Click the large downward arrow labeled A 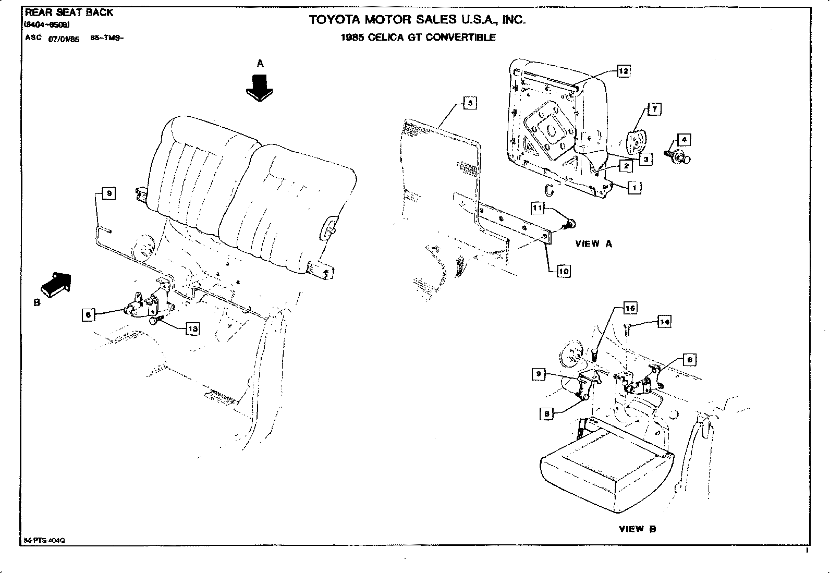(x=260, y=87)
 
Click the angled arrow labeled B (x=55, y=284)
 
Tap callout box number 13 (x=192, y=329)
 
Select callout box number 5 (x=469, y=103)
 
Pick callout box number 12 (x=623, y=71)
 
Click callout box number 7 (x=654, y=109)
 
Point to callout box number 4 (x=683, y=140)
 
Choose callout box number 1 (x=634, y=187)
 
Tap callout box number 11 (x=538, y=208)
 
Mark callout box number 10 (x=563, y=271)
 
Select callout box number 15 (x=630, y=308)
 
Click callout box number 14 (x=664, y=322)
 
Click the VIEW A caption (x=593, y=243)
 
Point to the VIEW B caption (x=637, y=529)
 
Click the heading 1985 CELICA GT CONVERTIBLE (x=418, y=38)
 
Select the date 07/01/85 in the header (x=64, y=39)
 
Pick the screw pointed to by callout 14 (x=628, y=327)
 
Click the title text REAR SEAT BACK (x=69, y=13)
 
